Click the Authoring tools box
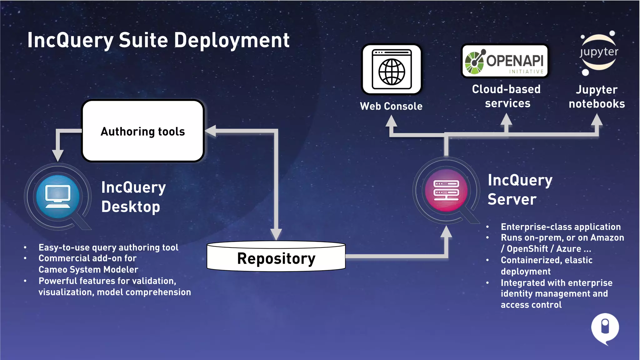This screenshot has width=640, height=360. pyautogui.click(x=143, y=131)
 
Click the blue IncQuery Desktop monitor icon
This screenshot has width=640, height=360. pyautogui.click(x=58, y=197)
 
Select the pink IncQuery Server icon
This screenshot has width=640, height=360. pyautogui.click(x=446, y=190)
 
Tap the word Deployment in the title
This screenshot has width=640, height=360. pyautogui.click(x=232, y=40)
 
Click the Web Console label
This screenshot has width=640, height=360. pyautogui.click(x=391, y=106)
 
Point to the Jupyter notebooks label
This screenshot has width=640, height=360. pyautogui.click(x=597, y=97)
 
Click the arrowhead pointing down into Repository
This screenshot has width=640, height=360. pyautogui.click(x=276, y=234)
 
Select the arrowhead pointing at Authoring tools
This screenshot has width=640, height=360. pyautogui.click(x=211, y=131)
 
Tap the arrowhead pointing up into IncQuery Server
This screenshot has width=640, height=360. pyautogui.click(x=446, y=232)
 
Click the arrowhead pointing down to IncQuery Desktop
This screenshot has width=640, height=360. pyautogui.click(x=58, y=155)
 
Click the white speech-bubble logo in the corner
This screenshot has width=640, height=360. pyautogui.click(x=605, y=328)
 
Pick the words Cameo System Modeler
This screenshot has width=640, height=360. pyautogui.click(x=88, y=269)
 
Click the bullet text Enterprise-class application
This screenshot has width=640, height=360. pyautogui.click(x=561, y=227)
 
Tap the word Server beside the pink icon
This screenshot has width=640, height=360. pyautogui.click(x=512, y=199)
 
